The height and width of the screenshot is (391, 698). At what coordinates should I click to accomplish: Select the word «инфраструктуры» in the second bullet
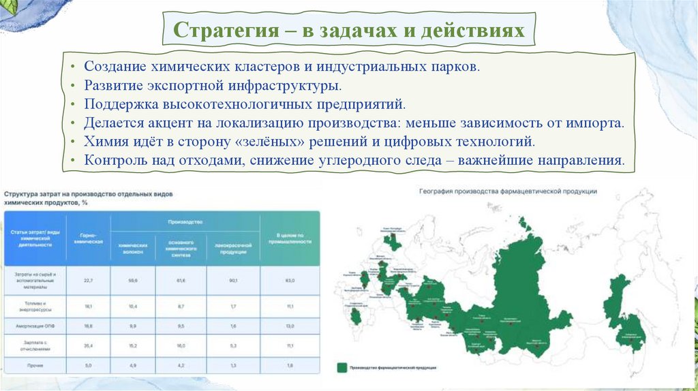(x=283, y=87)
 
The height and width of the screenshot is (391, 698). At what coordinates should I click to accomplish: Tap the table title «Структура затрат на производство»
(x=89, y=195)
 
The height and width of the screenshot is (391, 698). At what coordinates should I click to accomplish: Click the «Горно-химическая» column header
(x=88, y=239)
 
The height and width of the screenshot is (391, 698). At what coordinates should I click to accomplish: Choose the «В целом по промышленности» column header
(x=289, y=239)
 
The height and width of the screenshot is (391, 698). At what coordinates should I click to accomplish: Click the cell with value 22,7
(x=88, y=280)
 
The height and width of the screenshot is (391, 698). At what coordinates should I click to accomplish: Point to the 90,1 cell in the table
(x=234, y=280)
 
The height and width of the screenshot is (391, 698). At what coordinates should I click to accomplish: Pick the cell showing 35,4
(x=88, y=346)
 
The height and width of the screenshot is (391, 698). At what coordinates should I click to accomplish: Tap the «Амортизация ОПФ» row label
(x=35, y=326)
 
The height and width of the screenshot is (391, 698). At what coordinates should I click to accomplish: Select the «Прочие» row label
(x=35, y=366)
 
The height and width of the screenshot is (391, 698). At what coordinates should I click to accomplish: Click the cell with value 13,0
(x=289, y=326)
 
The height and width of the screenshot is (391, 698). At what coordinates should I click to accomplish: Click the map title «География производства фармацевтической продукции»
(x=508, y=191)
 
